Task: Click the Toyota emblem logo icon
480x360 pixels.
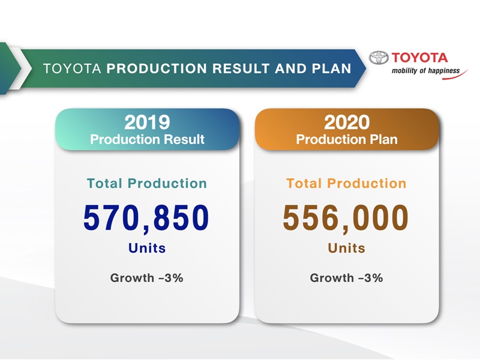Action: click(x=379, y=58)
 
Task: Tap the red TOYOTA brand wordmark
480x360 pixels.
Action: click(x=419, y=58)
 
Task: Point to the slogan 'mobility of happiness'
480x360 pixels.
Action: click(x=425, y=71)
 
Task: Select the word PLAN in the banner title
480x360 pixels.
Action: click(x=332, y=68)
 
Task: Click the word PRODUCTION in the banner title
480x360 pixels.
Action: click(x=157, y=68)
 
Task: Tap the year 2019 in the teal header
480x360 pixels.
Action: click(x=147, y=122)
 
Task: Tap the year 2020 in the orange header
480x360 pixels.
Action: click(x=347, y=122)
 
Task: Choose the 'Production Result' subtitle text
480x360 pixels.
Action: click(x=147, y=139)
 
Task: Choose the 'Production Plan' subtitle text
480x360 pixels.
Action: click(x=347, y=139)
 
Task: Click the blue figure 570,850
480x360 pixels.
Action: click(x=146, y=218)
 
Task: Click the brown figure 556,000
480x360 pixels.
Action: click(x=346, y=218)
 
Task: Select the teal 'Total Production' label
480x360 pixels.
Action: click(x=147, y=184)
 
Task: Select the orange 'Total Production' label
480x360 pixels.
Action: click(x=347, y=184)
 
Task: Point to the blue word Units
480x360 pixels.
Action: click(x=147, y=248)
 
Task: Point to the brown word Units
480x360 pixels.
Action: click(x=347, y=248)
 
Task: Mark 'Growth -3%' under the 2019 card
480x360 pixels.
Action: click(x=147, y=278)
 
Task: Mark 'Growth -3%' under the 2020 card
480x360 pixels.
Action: click(x=347, y=278)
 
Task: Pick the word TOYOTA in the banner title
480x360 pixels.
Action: click(x=72, y=68)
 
